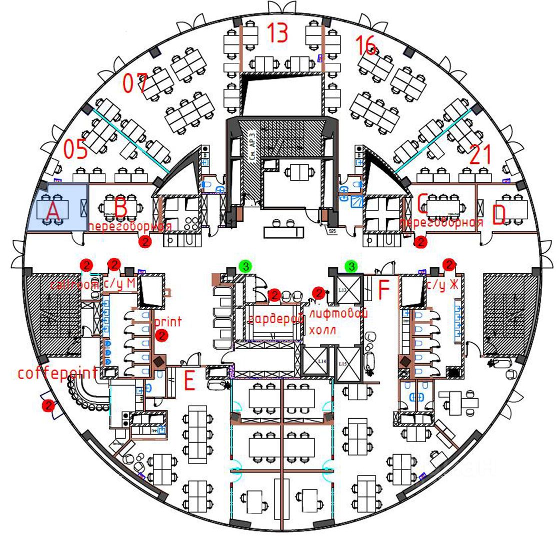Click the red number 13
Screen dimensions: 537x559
pos(277,32)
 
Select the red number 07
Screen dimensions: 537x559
pos(135,83)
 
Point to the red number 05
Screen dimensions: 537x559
pos(75,149)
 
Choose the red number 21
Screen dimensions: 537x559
pos(481,155)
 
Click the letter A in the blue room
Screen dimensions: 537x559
pos(53,213)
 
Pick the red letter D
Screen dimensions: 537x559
pos(499,215)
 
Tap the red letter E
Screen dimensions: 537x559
pos(189,382)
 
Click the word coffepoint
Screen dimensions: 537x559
pos(57,373)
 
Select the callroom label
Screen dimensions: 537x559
pos(74,284)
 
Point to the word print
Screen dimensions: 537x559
pos(168,321)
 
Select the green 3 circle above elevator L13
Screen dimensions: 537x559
pos(352,266)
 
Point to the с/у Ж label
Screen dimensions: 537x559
pos(442,285)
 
